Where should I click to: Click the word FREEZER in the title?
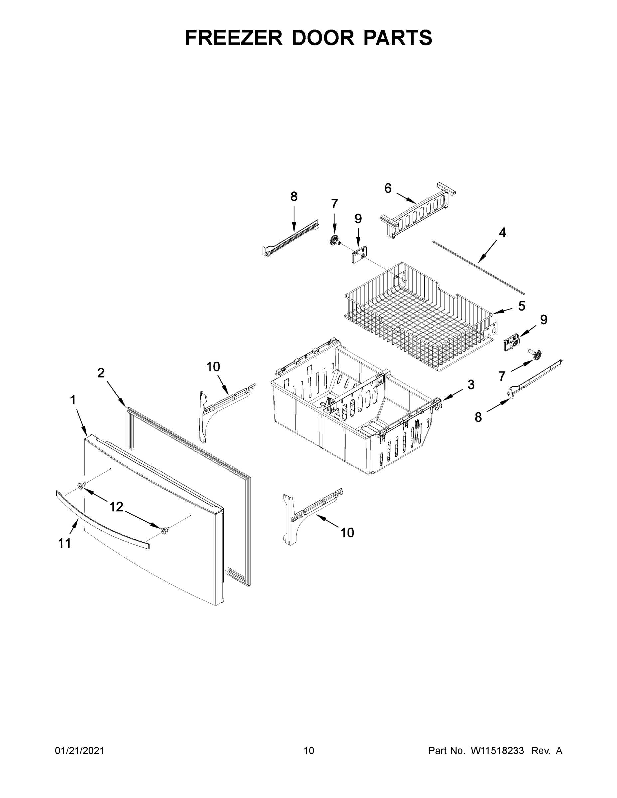click(234, 38)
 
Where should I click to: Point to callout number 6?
click(388, 188)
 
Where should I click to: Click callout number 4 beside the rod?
click(502, 232)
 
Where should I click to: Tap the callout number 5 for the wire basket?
click(521, 306)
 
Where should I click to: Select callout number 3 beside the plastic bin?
click(471, 384)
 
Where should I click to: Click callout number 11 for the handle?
click(64, 543)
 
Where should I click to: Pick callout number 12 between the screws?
click(116, 507)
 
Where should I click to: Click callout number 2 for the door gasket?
click(101, 373)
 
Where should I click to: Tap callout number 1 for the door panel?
click(73, 400)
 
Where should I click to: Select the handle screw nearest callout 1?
click(81, 485)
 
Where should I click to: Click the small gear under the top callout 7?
click(334, 241)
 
